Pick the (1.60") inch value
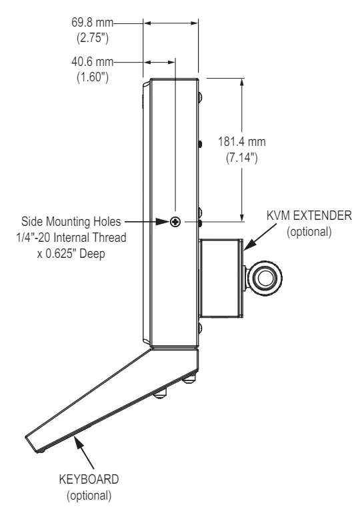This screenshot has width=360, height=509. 91,77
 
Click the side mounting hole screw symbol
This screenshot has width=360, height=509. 175,222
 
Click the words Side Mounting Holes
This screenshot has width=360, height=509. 71,221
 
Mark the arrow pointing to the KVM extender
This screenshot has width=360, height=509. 258,237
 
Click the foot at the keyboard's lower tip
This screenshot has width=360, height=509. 41,451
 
